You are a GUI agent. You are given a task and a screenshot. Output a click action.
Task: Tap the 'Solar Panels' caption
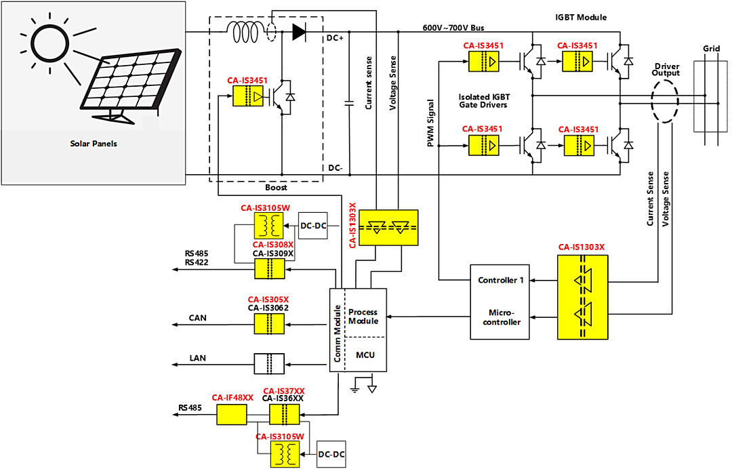(94, 144)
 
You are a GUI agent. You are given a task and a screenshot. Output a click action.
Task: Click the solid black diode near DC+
(300, 32)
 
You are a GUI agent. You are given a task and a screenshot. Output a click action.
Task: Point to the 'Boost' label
(276, 188)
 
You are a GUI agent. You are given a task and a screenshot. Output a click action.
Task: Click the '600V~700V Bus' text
(453, 28)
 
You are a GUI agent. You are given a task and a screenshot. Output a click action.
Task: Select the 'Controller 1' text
(500, 280)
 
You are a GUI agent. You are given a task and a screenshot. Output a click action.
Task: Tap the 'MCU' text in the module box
(365, 355)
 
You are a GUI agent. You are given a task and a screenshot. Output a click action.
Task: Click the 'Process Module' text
(363, 317)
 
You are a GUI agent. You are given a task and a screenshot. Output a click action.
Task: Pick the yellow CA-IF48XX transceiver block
(232, 414)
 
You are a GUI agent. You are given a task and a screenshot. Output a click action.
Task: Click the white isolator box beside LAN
(269, 363)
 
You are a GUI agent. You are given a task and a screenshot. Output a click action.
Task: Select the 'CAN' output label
(197, 318)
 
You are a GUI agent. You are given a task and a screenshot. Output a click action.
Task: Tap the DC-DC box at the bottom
(331, 454)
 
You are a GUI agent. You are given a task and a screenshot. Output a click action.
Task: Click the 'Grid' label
(711, 49)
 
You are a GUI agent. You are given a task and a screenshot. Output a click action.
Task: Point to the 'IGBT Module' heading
(581, 17)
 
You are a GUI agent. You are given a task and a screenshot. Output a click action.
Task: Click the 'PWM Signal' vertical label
(430, 123)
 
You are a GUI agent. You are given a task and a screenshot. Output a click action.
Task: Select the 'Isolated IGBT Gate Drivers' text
(484, 101)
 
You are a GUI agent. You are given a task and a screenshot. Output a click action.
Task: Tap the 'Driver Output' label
(666, 70)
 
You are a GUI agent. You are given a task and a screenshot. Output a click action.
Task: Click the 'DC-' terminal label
(335, 168)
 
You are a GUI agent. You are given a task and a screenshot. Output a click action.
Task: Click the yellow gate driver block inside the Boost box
(248, 97)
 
